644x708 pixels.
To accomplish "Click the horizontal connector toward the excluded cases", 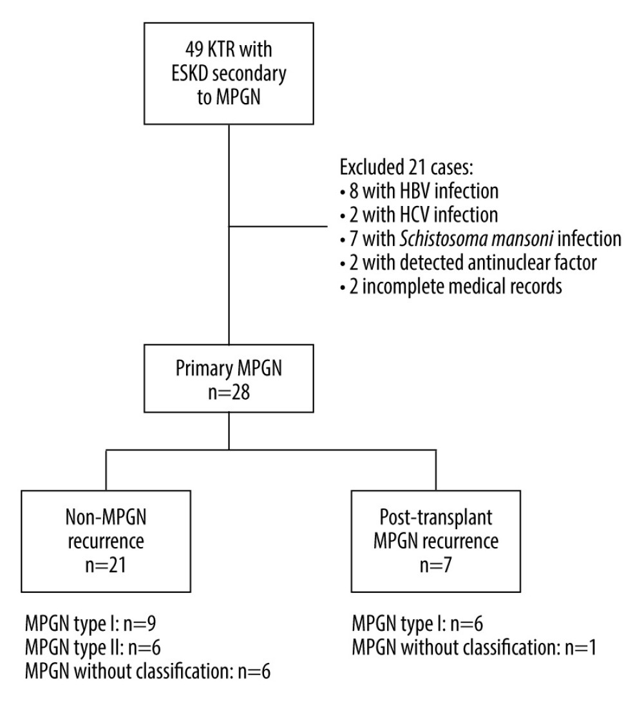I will (280, 226).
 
